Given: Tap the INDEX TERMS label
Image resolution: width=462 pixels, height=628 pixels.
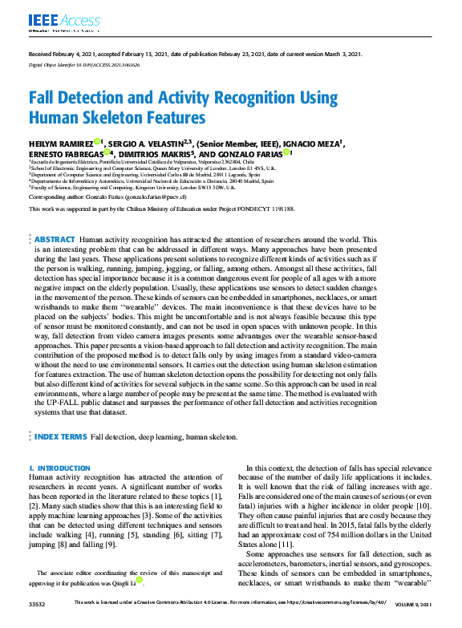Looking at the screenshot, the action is [x=60, y=437].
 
